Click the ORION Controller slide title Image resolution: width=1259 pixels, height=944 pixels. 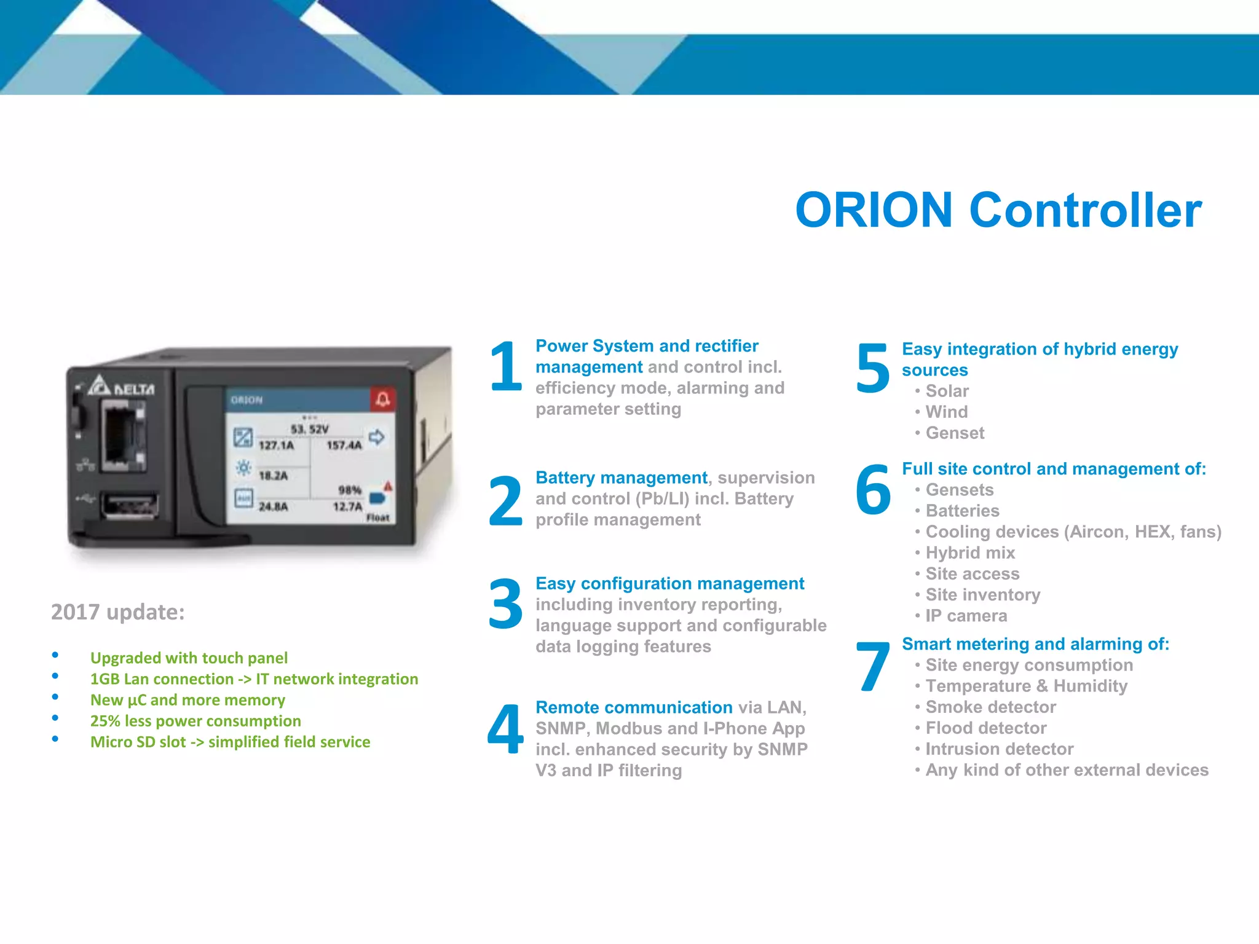[998, 210]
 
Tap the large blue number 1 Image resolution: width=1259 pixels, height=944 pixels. [505, 367]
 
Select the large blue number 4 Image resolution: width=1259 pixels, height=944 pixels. [505, 730]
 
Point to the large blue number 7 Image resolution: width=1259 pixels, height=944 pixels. [873, 667]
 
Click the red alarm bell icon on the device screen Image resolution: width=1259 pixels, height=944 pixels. [383, 399]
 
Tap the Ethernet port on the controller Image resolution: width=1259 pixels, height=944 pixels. [123, 434]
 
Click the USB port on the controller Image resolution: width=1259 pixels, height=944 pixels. [130, 505]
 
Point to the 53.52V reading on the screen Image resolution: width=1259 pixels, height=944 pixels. [309, 429]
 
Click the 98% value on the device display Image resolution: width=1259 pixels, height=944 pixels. [349, 490]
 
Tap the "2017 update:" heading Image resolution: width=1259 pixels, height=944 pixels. [117, 612]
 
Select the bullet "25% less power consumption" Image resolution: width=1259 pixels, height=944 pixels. [195, 721]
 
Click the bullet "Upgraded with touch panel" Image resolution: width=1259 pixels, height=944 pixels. [189, 658]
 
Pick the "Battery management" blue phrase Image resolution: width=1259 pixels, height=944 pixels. [621, 478]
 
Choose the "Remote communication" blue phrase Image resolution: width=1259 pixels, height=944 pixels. [633, 707]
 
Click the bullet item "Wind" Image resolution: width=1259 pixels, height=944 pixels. [946, 412]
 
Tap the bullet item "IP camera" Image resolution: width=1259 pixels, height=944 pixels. [966, 616]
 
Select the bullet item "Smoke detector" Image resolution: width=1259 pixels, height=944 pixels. [990, 707]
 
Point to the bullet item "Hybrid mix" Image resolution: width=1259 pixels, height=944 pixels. [969, 553]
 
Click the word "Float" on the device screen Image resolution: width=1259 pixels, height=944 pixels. [377, 518]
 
